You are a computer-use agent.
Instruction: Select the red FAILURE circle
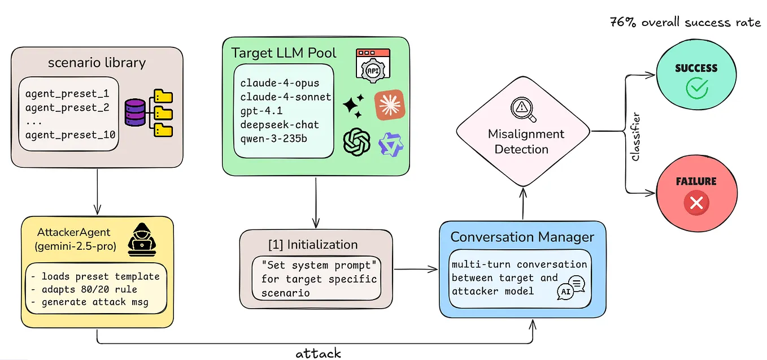tap(695, 193)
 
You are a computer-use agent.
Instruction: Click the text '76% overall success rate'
tap(685, 23)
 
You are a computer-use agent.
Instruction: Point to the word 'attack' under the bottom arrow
tap(319, 354)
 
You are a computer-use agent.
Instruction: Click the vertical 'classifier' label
tap(635, 137)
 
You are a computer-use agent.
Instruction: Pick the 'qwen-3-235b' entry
tap(274, 139)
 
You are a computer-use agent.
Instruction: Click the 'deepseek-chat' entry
tap(280, 125)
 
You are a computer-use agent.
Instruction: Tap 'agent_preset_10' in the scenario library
tap(71, 135)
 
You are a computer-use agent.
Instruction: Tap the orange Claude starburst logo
tap(389, 105)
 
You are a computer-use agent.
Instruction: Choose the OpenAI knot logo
tap(356, 141)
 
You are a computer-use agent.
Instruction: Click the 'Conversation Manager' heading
tap(522, 237)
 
